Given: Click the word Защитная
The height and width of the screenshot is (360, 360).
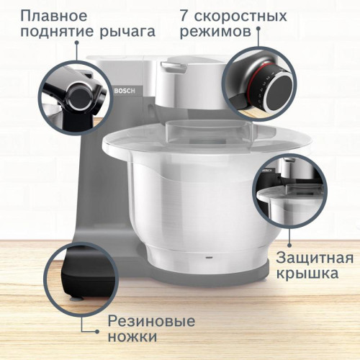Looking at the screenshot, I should pos(315,257).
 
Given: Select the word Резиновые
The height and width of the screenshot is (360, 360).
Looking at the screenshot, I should pos(151,321).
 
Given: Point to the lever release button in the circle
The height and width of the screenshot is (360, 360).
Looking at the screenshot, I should pos(77,92).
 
